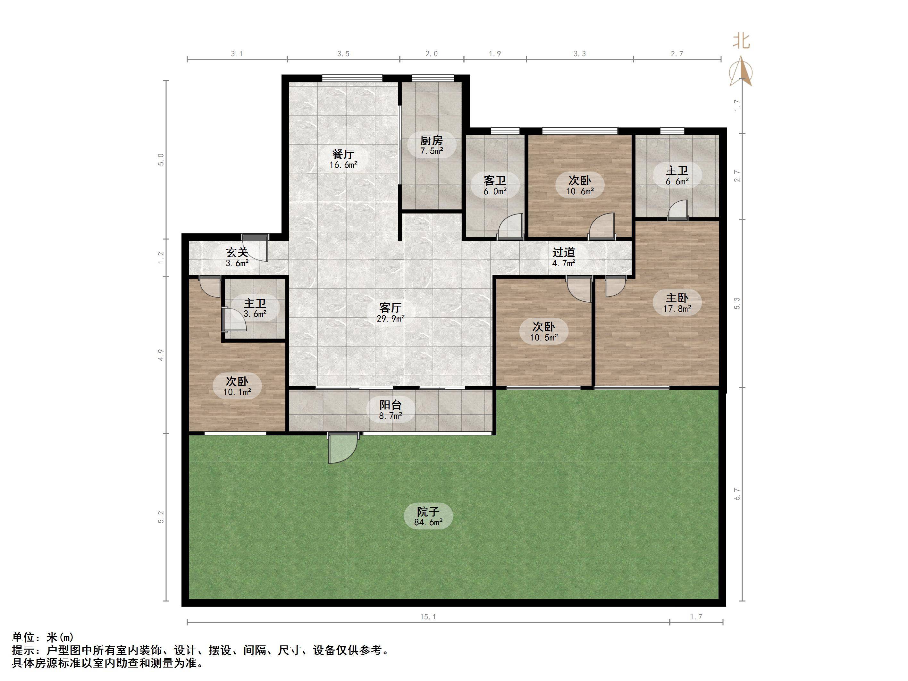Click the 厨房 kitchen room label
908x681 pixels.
click(432, 145)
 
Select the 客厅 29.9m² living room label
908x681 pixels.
click(391, 312)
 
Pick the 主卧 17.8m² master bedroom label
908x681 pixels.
click(677, 303)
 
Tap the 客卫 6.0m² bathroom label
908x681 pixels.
click(495, 185)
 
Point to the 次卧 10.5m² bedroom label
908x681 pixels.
click(543, 332)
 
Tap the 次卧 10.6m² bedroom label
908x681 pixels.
click(580, 185)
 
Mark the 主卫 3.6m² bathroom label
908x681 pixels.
click(255, 308)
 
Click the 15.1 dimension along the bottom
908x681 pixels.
click(428, 617)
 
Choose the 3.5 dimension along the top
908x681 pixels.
click(343, 54)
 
